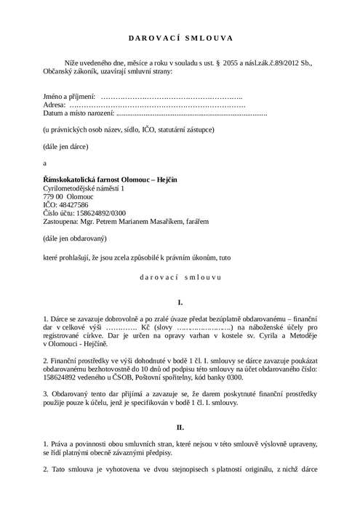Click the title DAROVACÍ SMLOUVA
coord(180,39)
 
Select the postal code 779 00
coord(55,197)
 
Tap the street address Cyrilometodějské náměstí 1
coord(84,188)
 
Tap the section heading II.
coord(180,427)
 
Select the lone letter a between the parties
coord(45,163)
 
